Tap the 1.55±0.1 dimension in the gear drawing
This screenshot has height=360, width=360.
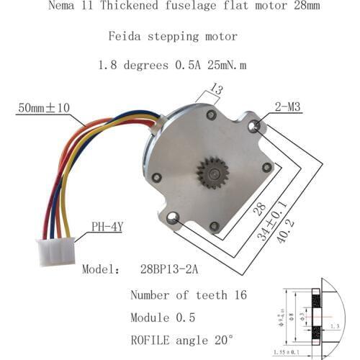click(291, 352)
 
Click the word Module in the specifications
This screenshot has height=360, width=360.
click(153, 317)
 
